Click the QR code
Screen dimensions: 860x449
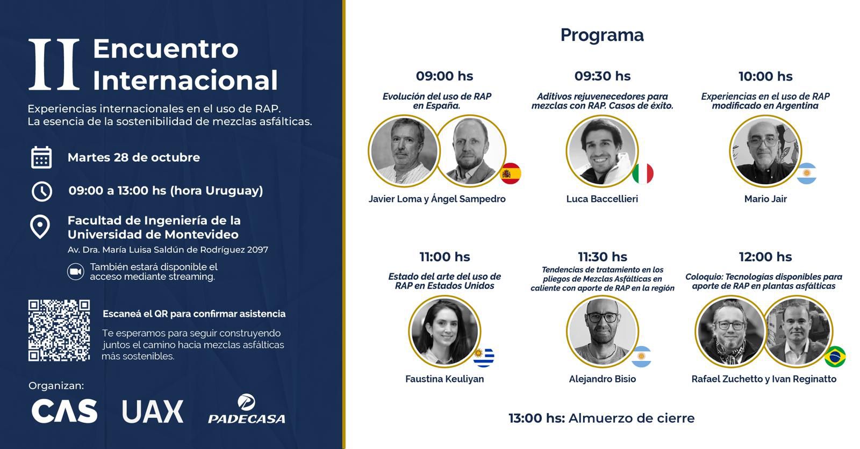click(x=59, y=330)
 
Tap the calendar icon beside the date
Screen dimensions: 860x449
click(x=41, y=157)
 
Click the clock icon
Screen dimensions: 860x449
click(x=41, y=191)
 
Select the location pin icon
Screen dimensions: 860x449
click(x=40, y=227)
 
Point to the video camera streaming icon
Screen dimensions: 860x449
click(x=75, y=272)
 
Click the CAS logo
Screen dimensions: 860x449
click(x=64, y=411)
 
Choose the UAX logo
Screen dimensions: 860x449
click(x=153, y=411)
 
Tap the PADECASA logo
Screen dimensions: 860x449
click(x=247, y=409)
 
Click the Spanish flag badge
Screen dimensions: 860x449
click(x=510, y=173)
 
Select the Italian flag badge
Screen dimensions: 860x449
click(x=643, y=173)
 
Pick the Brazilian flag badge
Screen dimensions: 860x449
click(x=835, y=357)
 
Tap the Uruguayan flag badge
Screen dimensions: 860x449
click(x=484, y=357)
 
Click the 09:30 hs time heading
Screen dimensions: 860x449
click(x=603, y=76)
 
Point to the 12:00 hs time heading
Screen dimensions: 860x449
click(x=765, y=257)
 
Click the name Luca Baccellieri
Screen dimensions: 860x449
click(x=602, y=199)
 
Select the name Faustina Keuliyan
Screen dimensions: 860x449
click(x=445, y=379)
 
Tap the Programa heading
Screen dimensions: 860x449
click(x=602, y=35)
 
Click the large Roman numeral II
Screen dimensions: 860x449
click(x=54, y=64)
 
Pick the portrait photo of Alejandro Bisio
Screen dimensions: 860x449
click(x=603, y=331)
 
